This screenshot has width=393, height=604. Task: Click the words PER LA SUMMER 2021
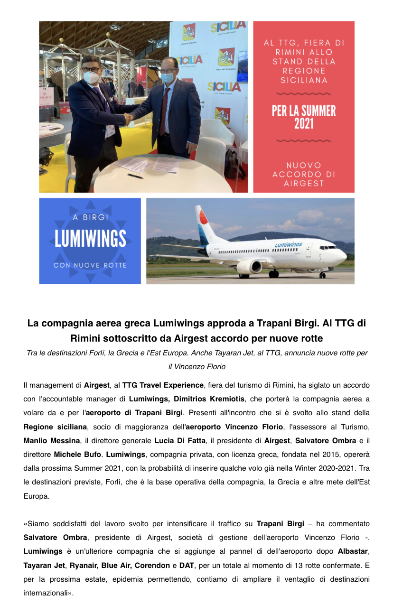coord(304,117)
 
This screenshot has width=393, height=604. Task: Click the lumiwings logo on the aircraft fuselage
coord(289,245)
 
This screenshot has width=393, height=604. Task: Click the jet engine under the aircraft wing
coord(249,267)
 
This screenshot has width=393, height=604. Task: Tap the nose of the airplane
coord(344,258)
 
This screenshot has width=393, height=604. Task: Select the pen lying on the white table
coord(135,176)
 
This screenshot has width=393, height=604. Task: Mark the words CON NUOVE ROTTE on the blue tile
coord(90,265)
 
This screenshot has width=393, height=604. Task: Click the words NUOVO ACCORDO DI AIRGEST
coord(304,174)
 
